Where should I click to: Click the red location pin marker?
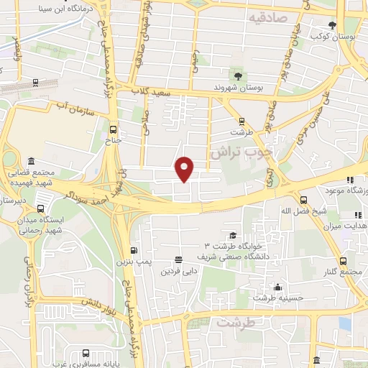(x=185, y=168)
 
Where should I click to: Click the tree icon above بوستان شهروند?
(x=236, y=74)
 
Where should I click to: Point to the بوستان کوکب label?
(x=331, y=35)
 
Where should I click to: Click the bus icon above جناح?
(x=113, y=130)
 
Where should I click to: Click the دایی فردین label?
(x=178, y=271)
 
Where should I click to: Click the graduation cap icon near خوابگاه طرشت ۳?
(x=233, y=235)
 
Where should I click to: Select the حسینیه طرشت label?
(x=278, y=298)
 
